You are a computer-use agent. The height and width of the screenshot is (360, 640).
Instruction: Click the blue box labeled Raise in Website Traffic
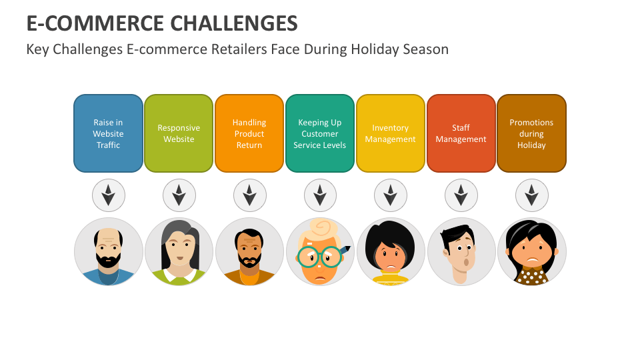(108, 133)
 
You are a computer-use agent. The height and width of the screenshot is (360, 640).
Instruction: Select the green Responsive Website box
(179, 133)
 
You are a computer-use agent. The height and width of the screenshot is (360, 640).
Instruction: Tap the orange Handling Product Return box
(249, 133)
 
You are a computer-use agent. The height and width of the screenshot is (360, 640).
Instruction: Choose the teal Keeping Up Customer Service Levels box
(320, 133)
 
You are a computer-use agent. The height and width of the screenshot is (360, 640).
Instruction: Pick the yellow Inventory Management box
(391, 133)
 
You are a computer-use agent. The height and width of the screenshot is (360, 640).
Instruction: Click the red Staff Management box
(461, 133)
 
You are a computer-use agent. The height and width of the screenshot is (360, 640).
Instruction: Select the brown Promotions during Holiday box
(531, 133)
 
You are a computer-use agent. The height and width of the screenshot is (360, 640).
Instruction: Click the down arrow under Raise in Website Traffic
(108, 196)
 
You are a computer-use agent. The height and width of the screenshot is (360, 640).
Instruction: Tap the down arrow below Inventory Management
(391, 196)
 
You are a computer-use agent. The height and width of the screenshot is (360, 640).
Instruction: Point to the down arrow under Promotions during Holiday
(532, 196)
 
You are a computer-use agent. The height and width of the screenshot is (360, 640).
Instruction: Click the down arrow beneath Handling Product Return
(249, 196)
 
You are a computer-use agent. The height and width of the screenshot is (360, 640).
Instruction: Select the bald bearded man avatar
(108, 252)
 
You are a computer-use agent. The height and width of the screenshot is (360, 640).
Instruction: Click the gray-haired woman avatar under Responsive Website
(179, 252)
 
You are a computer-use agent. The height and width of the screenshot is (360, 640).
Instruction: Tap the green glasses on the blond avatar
(319, 257)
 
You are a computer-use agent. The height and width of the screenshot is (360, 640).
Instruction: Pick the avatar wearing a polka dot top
(532, 252)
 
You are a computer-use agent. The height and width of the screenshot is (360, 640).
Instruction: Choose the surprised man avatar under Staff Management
(461, 252)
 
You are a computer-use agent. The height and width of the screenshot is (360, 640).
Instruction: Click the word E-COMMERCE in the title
(95, 23)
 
